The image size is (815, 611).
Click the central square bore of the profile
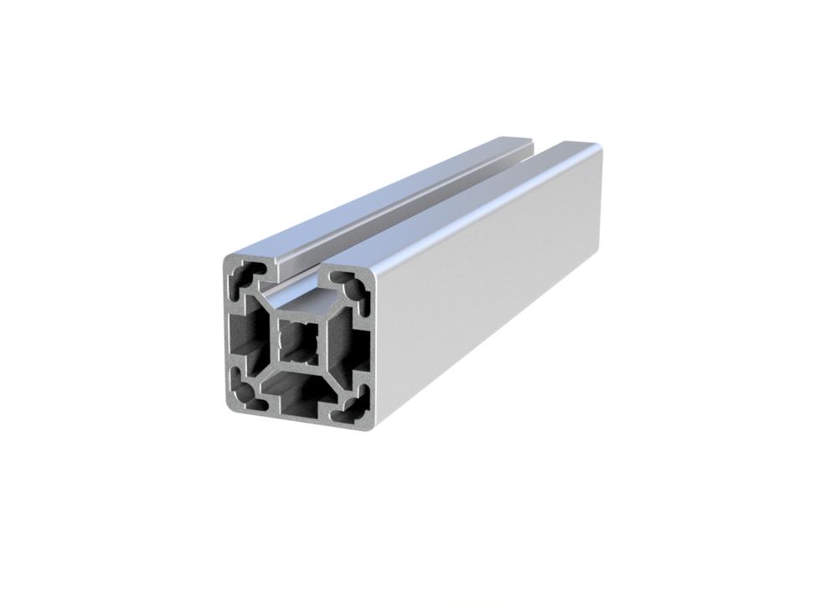(298, 339)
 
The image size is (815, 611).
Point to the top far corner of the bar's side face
(596, 150)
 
